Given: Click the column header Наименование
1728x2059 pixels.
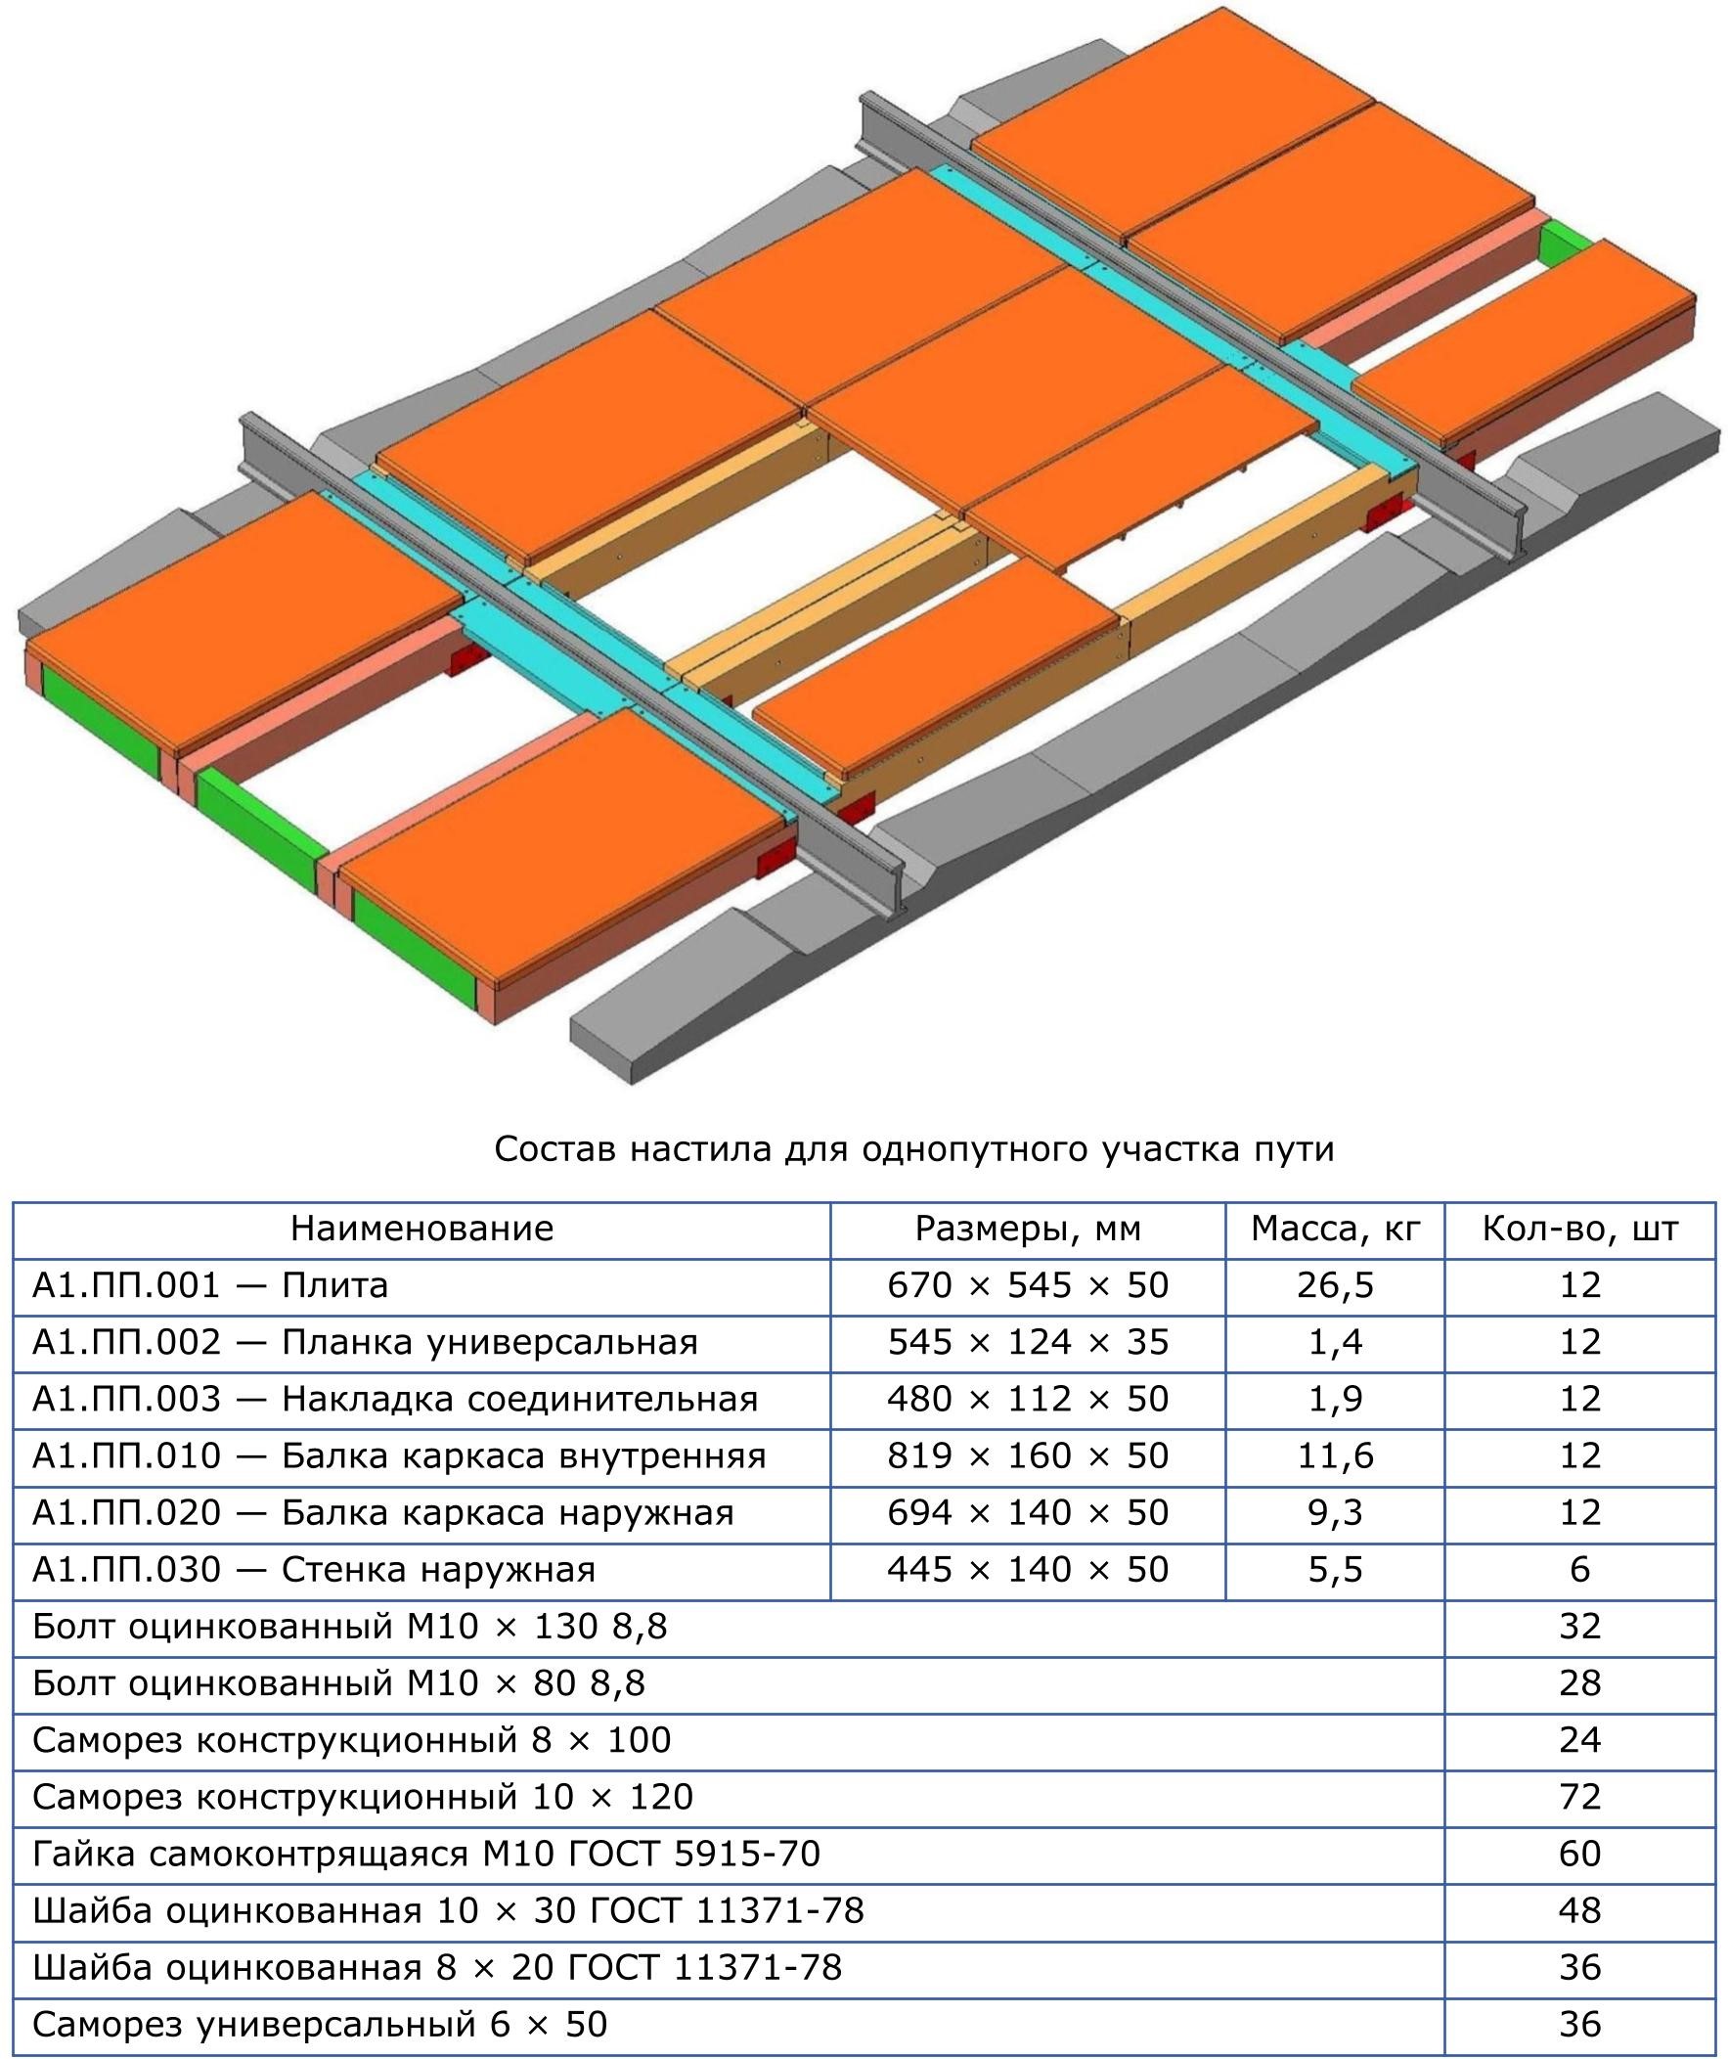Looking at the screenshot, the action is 421,1229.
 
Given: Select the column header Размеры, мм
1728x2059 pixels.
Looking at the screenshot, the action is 1028,1230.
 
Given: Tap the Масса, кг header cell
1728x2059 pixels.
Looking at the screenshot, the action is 1335,1230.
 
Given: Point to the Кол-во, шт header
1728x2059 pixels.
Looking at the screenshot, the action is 1580,1230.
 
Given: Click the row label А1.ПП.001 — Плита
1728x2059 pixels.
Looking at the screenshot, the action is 210,1285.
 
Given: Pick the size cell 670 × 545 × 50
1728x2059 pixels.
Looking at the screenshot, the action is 1028,1285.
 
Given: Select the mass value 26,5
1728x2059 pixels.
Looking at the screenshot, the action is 1335,1285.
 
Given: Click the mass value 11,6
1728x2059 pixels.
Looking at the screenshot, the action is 1335,1456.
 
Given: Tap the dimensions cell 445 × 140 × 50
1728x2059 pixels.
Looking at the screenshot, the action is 1028,1570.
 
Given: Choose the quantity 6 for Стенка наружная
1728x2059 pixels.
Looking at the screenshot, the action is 1580,1570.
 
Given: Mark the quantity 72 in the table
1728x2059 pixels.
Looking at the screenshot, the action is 1580,1797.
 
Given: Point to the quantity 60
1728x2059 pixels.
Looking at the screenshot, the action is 1580,1855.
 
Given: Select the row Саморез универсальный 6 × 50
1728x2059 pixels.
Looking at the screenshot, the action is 320,2025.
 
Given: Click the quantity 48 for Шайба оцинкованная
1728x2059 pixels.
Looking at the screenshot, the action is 1580,1911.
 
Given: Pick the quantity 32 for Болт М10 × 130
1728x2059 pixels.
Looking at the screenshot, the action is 1580,1627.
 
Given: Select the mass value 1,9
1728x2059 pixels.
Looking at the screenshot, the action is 1335,1399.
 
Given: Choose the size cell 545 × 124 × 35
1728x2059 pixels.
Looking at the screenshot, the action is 1028,1342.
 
